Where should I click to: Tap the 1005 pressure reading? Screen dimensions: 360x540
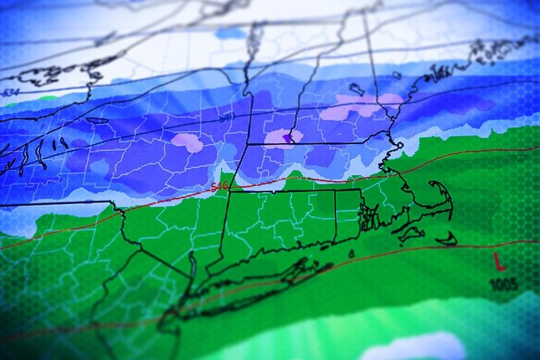pos(502,284)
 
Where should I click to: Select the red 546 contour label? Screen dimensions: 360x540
pos(220,184)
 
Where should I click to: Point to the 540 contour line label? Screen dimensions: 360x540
pos(226,118)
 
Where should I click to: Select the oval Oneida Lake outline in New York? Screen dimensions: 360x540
pos(97,120)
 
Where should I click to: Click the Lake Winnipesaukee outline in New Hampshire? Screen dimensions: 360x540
pos(357,89)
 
